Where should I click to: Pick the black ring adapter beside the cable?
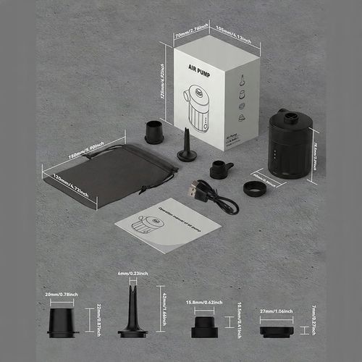(x=253, y=188)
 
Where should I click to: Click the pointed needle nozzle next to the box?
(x=188, y=146)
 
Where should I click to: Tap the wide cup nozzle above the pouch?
(x=153, y=132)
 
